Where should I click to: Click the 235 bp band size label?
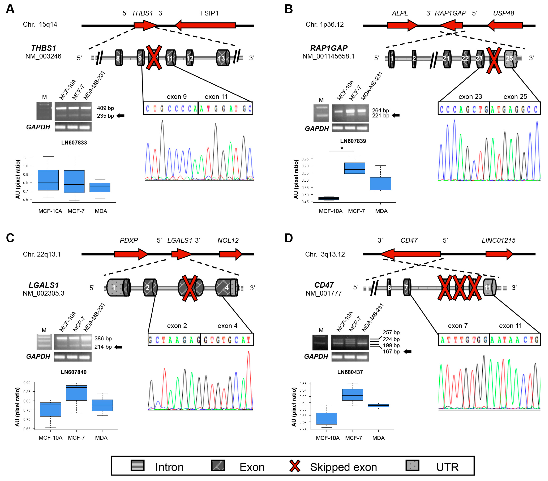(105, 116)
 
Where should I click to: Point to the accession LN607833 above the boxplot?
(74, 142)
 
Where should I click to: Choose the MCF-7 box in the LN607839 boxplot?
(354, 168)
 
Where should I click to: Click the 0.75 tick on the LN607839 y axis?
(305, 159)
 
